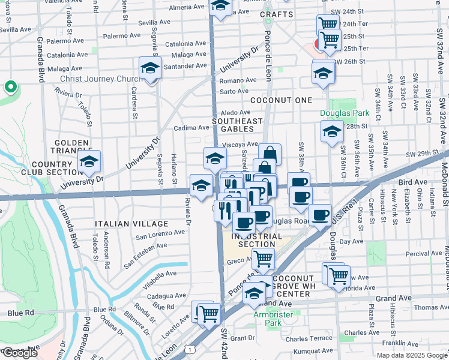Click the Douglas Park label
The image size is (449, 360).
[x=344, y=113]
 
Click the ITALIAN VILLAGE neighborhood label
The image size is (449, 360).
[x=124, y=223]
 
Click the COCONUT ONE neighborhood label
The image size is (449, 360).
[x=282, y=100]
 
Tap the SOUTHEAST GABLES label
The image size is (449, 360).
[x=237, y=125]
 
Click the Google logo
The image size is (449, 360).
[x=20, y=353]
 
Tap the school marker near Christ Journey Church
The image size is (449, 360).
[x=151, y=68]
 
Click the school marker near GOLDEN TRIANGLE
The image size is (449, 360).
[x=89, y=161]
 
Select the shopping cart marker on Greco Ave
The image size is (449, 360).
[x=262, y=259]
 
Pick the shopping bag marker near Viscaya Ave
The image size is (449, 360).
[x=270, y=154]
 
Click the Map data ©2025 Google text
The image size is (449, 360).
[x=411, y=355]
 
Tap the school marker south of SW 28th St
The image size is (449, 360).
[x=331, y=131]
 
